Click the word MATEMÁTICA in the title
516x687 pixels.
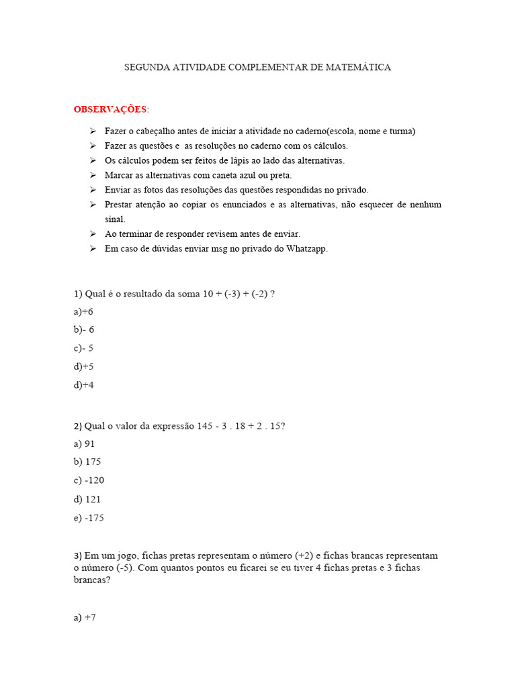click(359, 68)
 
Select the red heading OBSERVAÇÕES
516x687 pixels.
click(110, 109)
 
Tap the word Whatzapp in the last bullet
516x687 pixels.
click(307, 249)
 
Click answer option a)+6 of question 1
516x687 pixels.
click(84, 312)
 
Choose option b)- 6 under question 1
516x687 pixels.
click(84, 330)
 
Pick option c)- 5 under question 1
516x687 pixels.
click(83, 348)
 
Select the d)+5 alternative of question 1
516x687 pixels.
click(84, 366)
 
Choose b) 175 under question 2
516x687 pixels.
click(87, 462)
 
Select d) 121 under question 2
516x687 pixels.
click(87, 499)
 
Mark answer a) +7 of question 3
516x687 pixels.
click(85, 618)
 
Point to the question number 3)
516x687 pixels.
click(77, 556)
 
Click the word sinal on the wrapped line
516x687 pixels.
click(115, 219)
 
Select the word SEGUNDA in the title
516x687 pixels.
click(147, 68)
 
